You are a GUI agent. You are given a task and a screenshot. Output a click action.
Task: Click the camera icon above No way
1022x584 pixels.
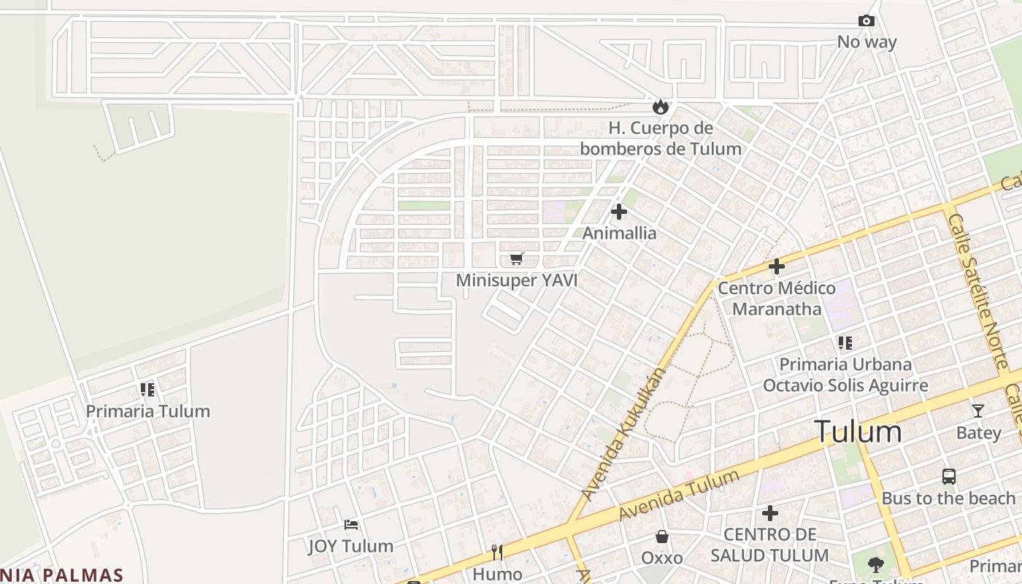pyautogui.click(x=867, y=21)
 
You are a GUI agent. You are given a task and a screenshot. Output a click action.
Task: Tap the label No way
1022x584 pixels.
pyautogui.click(x=867, y=42)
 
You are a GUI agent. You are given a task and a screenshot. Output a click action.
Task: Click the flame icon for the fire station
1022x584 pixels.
pyautogui.click(x=661, y=107)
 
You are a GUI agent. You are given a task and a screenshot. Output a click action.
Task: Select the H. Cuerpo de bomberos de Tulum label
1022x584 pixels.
pyautogui.click(x=661, y=139)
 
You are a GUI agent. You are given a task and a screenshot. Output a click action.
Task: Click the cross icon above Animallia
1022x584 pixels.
pyautogui.click(x=619, y=212)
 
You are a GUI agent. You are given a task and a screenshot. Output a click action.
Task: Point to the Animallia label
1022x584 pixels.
pyautogui.click(x=619, y=234)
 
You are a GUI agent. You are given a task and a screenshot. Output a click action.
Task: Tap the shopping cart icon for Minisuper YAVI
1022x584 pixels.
pyautogui.click(x=517, y=258)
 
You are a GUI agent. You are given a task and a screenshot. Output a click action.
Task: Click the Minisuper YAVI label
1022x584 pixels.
pyautogui.click(x=517, y=280)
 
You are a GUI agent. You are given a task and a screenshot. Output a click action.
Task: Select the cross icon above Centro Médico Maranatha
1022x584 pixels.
pyautogui.click(x=777, y=266)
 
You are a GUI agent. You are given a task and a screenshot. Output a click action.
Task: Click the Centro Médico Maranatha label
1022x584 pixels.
pyautogui.click(x=777, y=299)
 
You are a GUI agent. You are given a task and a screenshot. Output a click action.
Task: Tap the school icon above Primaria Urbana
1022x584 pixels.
pyautogui.click(x=845, y=342)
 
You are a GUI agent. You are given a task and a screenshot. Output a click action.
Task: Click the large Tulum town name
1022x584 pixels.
pyautogui.click(x=858, y=431)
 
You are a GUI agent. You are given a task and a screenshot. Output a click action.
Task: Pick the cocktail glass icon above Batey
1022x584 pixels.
pyautogui.click(x=978, y=410)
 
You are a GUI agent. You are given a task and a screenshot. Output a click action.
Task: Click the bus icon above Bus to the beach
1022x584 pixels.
pyautogui.click(x=948, y=477)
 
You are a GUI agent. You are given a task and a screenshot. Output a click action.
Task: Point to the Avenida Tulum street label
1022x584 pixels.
pyautogui.click(x=679, y=496)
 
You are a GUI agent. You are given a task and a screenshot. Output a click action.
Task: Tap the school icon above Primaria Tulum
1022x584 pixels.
pyautogui.click(x=147, y=390)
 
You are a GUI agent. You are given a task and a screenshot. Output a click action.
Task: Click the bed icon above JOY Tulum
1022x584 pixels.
pyautogui.click(x=351, y=524)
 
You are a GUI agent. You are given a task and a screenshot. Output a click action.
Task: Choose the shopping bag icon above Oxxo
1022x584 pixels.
pyautogui.click(x=662, y=537)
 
